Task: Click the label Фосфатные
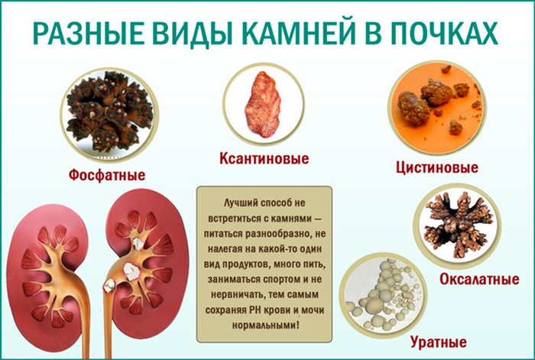point(107,175)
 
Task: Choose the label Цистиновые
point(437,167)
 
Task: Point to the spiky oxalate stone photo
point(456,225)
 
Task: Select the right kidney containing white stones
point(145,264)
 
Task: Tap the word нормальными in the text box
point(264,325)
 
